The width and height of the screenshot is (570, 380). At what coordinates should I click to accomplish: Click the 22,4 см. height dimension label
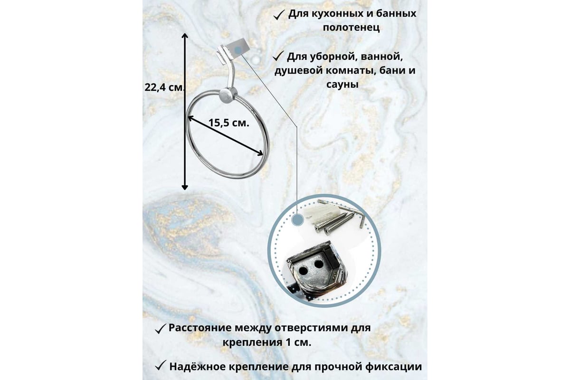[164, 87]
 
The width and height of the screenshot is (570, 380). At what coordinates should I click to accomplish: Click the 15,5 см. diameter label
[229, 123]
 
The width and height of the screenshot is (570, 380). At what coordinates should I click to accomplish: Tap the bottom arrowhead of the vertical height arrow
[185, 187]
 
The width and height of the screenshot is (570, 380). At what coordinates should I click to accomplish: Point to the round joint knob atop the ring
[228, 95]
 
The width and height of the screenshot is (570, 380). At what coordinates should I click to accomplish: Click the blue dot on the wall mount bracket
[238, 50]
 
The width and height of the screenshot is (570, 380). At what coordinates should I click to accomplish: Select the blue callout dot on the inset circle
[298, 219]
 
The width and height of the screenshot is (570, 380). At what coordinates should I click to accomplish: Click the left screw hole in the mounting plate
[303, 271]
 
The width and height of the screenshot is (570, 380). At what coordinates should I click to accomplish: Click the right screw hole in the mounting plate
[319, 264]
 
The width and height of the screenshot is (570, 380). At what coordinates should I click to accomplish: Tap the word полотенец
[351, 28]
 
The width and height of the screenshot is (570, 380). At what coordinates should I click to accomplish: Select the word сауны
[342, 85]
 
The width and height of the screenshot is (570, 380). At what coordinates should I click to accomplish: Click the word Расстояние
[200, 328]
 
